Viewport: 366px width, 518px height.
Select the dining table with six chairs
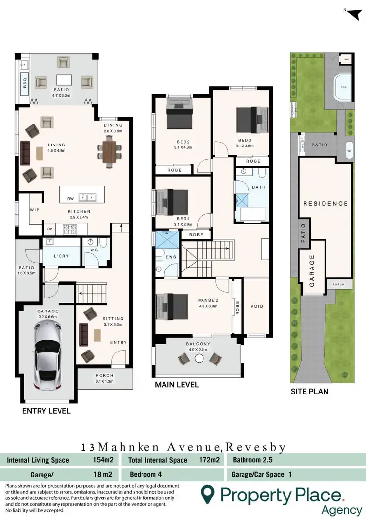[x=108, y=149]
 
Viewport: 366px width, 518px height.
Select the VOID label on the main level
[x=256, y=307]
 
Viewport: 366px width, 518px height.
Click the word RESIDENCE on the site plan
[x=325, y=203]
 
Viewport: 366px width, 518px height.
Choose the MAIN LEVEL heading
[x=177, y=385]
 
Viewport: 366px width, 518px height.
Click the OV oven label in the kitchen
[x=49, y=228]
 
